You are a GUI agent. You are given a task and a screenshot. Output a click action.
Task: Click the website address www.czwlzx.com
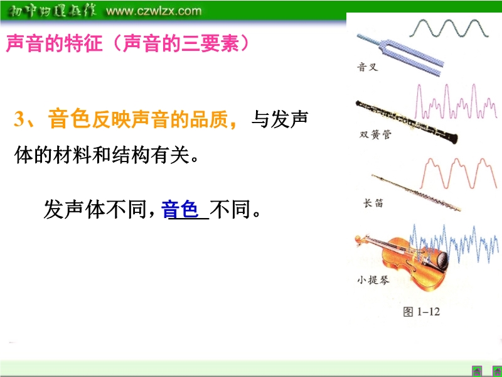pos(153,11)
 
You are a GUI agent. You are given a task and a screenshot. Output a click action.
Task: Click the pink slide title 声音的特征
pos(54,43)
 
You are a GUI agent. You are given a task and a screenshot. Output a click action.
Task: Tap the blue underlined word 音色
pos(179,209)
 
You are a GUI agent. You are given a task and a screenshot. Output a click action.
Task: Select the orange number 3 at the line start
pos(20,119)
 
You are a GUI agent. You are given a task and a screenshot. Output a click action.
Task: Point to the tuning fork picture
pos(400,55)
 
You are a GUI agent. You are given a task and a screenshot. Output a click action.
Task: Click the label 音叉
pos(368,67)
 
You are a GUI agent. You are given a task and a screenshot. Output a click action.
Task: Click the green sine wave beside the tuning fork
pos(449,28)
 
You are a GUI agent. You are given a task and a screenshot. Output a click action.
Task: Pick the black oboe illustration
pos(407,122)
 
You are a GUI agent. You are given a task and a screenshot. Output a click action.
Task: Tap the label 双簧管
pos(375,134)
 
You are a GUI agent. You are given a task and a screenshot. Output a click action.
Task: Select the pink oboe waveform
pos(456,101)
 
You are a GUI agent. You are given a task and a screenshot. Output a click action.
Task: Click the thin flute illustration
pos(416,193)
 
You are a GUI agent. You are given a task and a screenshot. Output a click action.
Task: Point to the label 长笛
pos(373,203)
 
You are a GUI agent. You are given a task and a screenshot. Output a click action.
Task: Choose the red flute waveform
pos(458,173)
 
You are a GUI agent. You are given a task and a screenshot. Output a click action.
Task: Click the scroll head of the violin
pos(360,240)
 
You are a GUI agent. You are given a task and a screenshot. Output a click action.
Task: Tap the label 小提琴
pos(373,280)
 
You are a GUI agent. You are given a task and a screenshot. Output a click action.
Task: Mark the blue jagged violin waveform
pos(453,244)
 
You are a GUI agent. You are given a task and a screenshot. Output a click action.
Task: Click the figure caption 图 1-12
pos(421,311)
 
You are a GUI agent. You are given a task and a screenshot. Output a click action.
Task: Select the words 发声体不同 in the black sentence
pos(95,209)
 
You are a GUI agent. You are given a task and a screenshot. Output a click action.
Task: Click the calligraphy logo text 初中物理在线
pos(52,11)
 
